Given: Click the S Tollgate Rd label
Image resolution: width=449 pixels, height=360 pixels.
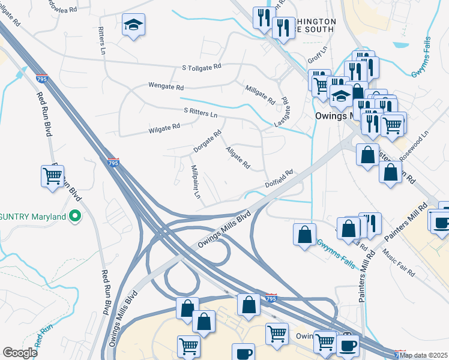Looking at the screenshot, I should [202, 68].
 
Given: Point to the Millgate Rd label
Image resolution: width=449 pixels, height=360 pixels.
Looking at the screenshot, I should [260, 93].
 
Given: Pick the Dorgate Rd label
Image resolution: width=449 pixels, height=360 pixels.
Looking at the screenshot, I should [208, 140].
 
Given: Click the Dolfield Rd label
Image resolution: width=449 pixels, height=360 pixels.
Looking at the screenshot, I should [280, 178].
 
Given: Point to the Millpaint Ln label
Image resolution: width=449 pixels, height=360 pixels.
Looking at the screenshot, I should [196, 182].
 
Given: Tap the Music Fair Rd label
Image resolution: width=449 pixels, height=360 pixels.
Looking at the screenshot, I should [399, 264].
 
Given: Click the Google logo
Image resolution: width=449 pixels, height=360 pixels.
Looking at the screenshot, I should [20, 353].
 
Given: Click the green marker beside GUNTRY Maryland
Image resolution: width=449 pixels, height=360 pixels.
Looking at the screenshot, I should [75, 216].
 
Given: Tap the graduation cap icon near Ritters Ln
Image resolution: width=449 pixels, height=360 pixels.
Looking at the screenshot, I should [133, 26].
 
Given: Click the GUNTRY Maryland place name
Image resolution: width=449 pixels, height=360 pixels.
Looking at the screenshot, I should [32, 216].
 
